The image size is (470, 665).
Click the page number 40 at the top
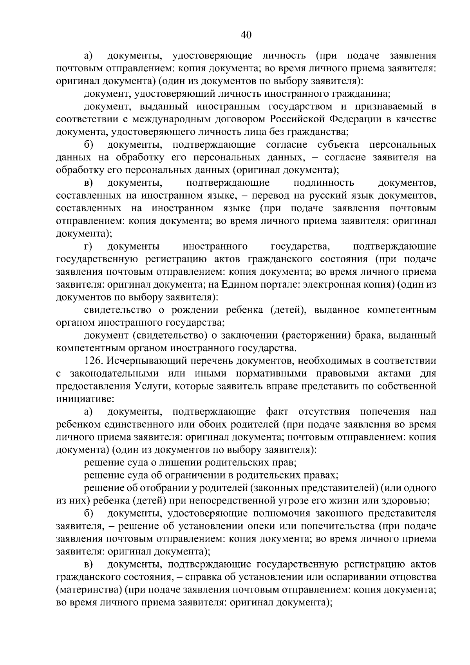[246, 35]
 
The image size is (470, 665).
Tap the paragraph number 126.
[93, 361]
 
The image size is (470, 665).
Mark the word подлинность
[324, 183]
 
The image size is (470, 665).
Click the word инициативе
[85, 399]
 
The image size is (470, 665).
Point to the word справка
[206, 577]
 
